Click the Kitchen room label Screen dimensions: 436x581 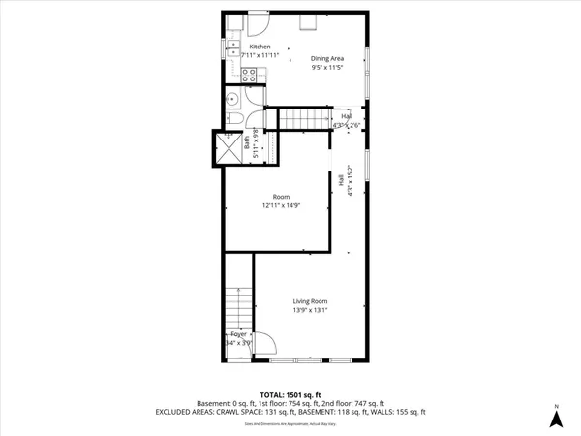tap(260, 47)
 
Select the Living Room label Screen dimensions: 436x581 tap(311, 301)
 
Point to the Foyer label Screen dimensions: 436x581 tap(237, 333)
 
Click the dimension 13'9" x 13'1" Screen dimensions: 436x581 tap(311, 311)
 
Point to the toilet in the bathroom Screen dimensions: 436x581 tap(234, 119)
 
